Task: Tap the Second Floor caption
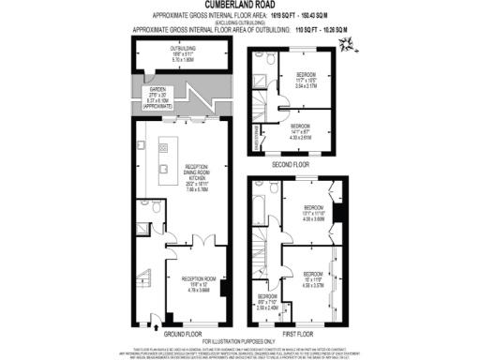point(290,164)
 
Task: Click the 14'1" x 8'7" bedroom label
point(302,132)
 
